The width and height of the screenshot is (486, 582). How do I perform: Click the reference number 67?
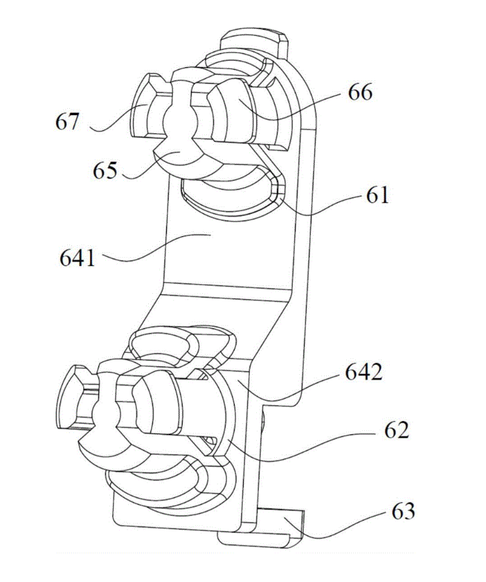coord(67,121)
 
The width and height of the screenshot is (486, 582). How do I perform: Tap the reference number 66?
coord(360,92)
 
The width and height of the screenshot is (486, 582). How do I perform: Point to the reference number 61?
coord(378,195)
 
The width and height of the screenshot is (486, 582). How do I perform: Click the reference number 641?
coord(78,257)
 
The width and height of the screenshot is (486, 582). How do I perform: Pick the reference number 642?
coord(363,371)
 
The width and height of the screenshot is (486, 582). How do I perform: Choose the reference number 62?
coord(397,430)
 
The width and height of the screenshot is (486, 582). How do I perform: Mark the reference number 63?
coord(403,511)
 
